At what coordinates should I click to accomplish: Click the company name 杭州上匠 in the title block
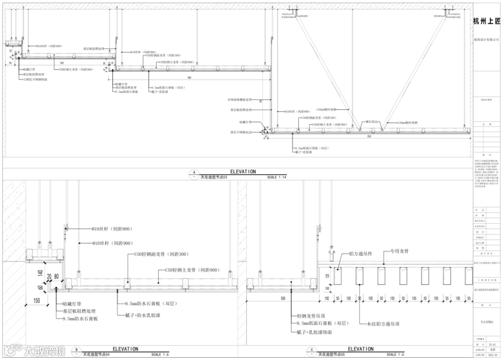click(487, 22)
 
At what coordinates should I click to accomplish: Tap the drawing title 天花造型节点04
click(96, 354)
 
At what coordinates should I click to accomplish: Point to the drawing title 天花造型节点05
click(331, 354)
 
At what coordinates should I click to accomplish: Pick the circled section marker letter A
click(193, 172)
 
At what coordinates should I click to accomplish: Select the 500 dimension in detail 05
click(283, 298)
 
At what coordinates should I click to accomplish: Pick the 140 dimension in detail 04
click(40, 274)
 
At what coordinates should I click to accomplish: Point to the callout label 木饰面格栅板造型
click(239, 99)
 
